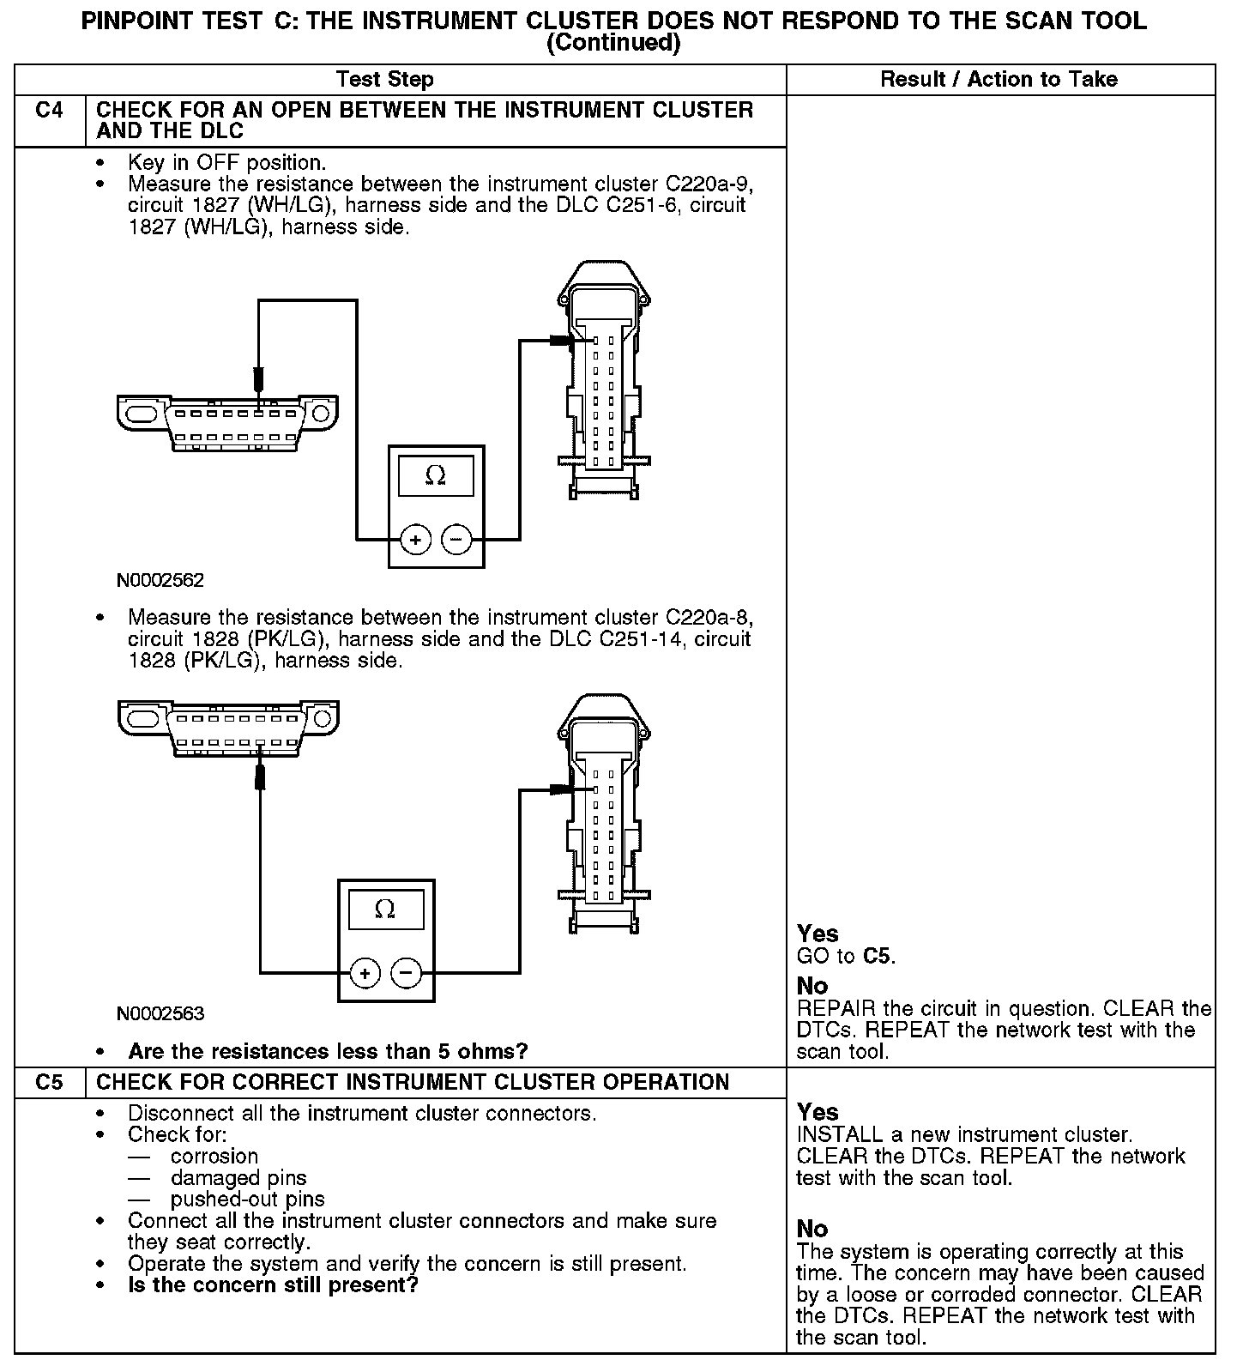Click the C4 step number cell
[x=50, y=111]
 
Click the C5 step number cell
[x=50, y=1082]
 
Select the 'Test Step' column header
[x=385, y=80]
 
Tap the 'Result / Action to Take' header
[x=999, y=80]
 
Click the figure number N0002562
[x=160, y=581]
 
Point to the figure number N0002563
[x=160, y=1014]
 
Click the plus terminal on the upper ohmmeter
[x=415, y=540]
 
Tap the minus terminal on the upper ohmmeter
[x=456, y=540]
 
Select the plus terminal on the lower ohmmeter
[x=365, y=973]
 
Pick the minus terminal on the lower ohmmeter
[x=406, y=973]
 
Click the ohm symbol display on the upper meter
[x=436, y=476]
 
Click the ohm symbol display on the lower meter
[x=386, y=910]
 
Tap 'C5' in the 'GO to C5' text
[x=878, y=956]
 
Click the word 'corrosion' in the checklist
[x=214, y=1157]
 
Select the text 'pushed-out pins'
[x=247, y=1200]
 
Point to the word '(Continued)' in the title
[x=613, y=43]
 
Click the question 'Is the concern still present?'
[x=273, y=1285]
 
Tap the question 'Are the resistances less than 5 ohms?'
[x=328, y=1051]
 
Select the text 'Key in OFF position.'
[x=227, y=162]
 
